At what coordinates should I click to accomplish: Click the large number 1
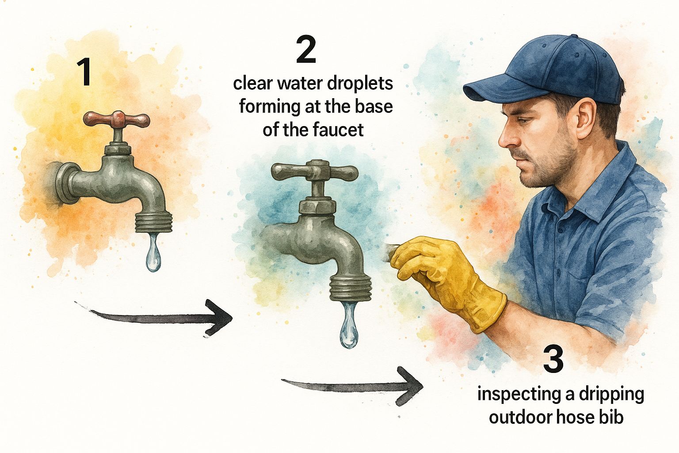coord(84,72)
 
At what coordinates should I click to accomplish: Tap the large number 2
coord(306,50)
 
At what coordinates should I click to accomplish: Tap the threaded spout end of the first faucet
coord(153,223)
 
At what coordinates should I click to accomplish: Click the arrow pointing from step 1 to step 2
coord(153,317)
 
